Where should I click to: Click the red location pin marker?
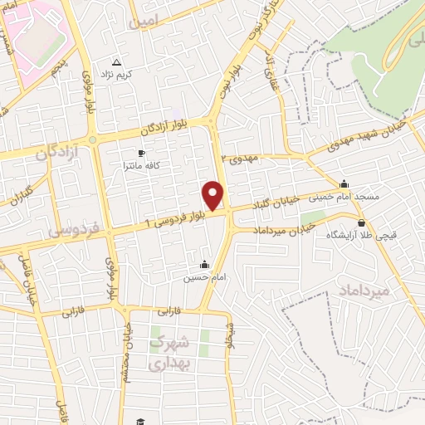[214, 195]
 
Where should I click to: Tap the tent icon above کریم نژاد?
[116, 63]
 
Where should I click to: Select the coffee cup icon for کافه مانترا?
[141, 154]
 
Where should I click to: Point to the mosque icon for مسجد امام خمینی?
[344, 184]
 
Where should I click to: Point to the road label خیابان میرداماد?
[291, 227]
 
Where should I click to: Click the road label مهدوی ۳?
[241, 157]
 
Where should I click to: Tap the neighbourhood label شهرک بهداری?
[173, 353]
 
